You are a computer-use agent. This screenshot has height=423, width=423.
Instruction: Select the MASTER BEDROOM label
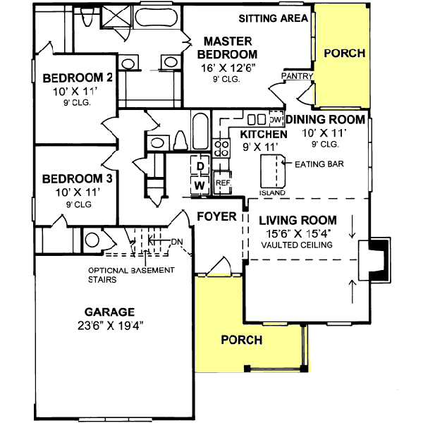click(x=227, y=48)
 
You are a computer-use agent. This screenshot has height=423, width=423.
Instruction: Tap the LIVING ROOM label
click(x=297, y=220)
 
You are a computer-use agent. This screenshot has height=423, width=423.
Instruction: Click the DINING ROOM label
click(x=326, y=119)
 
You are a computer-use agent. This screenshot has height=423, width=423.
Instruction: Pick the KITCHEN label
click(x=263, y=134)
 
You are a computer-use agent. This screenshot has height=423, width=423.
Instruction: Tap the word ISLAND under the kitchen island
click(x=272, y=192)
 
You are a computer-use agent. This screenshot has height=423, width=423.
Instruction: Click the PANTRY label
click(x=296, y=75)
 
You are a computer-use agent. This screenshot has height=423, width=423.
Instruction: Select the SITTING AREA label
click(x=273, y=18)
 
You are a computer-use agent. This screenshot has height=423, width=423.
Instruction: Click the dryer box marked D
click(x=200, y=166)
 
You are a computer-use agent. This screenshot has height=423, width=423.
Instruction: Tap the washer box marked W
click(x=200, y=185)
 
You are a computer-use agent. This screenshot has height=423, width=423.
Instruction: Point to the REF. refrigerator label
click(x=223, y=183)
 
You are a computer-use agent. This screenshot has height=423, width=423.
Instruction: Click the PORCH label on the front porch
click(x=241, y=340)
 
